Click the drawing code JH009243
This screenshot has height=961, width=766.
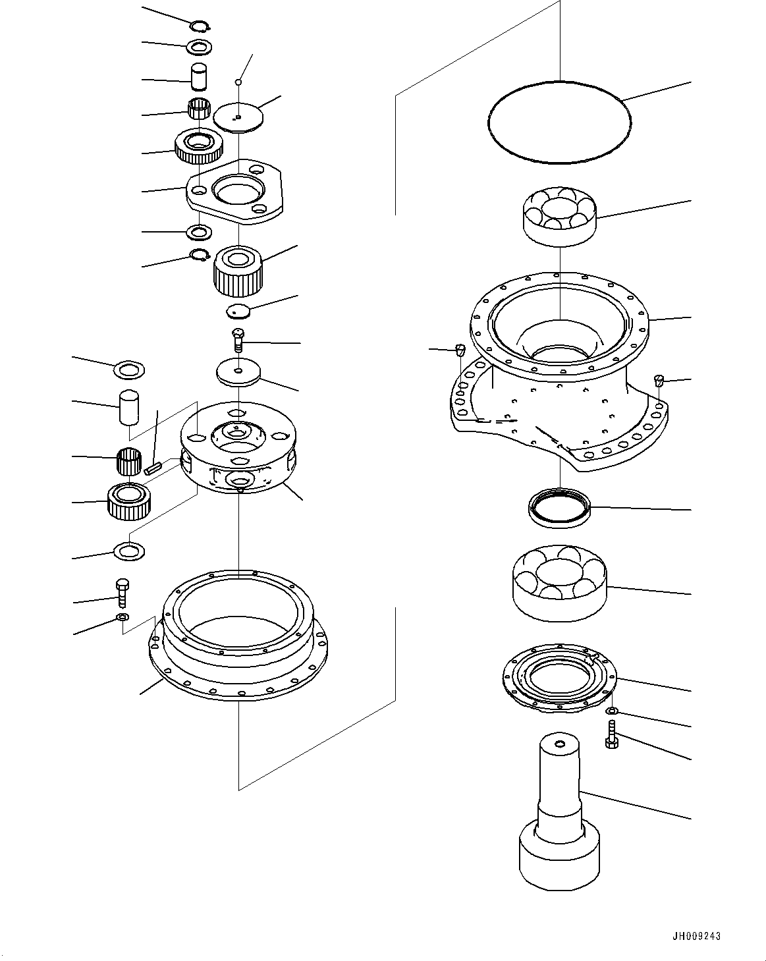[x=697, y=937]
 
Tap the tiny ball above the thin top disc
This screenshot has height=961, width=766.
[x=239, y=82]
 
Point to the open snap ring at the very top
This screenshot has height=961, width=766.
[x=199, y=26]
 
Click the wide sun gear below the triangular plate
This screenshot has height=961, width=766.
[x=238, y=270]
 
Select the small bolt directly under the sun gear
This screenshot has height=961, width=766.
[x=238, y=340]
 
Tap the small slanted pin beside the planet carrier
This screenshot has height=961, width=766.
[x=153, y=468]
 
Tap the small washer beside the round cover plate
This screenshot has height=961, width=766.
[x=612, y=711]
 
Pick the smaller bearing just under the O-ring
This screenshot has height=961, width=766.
[x=559, y=215]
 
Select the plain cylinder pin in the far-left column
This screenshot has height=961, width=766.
[x=129, y=408]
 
